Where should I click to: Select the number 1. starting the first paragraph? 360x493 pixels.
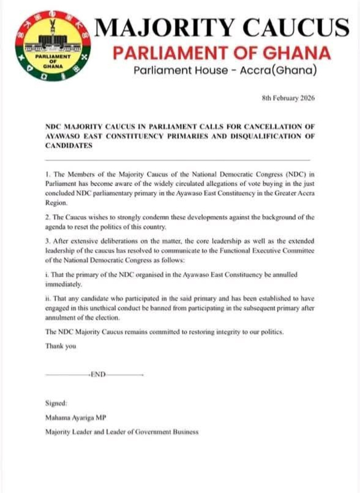click(48, 174)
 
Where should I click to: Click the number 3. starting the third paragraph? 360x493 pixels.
click(48, 240)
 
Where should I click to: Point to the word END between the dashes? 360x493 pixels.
click(98, 374)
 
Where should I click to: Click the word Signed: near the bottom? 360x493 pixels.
click(57, 403)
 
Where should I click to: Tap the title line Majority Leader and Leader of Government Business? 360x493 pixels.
click(122, 432)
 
